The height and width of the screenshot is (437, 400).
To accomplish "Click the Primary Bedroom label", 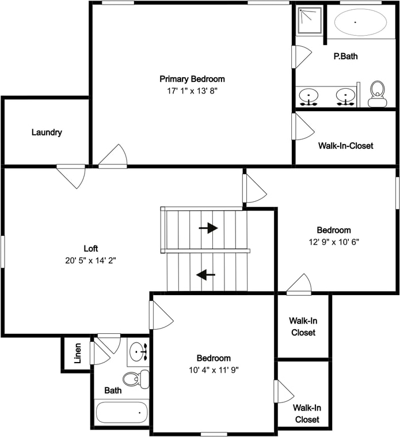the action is pos(192,79).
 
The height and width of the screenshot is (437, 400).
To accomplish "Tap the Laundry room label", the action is pos(47,132).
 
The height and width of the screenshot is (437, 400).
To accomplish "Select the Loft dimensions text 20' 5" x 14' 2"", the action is pos(91,260).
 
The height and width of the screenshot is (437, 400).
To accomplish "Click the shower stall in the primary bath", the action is pos(309,20).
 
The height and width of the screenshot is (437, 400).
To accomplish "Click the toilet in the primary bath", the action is pos(377,93).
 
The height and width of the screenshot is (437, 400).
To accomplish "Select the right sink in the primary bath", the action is pos(345,96).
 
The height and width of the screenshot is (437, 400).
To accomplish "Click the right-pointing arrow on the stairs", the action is pos(208,228).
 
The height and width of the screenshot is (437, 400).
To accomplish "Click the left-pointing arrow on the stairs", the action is pos(205,275).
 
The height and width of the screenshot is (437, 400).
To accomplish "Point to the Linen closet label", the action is pos(78,354).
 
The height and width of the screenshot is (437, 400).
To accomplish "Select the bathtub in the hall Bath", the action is pos(121,413).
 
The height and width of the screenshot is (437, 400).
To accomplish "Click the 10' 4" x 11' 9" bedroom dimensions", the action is pos(214,370).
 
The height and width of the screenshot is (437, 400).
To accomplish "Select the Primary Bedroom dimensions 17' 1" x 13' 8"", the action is pos(192,91).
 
